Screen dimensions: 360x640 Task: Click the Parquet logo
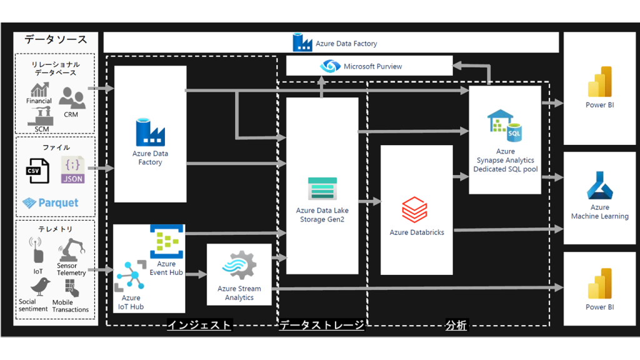click(51, 202)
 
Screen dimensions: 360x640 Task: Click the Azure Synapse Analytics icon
click(505, 125)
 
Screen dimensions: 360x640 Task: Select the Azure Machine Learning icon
click(599, 186)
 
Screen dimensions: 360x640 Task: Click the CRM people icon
click(72, 97)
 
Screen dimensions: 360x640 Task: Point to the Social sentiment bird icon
click(41, 287)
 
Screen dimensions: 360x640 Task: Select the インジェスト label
click(199, 325)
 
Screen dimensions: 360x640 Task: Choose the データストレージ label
click(321, 325)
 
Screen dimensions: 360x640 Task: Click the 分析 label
click(456, 325)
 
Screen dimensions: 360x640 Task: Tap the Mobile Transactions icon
click(70, 287)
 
